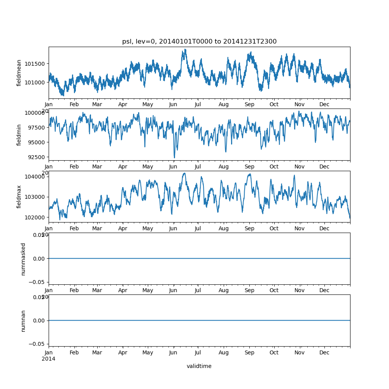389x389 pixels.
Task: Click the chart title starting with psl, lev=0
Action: [199, 42]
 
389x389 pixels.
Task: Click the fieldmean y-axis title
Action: [19, 73]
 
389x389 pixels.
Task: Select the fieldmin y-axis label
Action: [19, 135]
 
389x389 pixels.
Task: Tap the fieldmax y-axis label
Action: [19, 196]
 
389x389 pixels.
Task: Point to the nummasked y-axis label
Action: [23, 259]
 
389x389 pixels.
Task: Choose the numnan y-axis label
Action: [23, 321]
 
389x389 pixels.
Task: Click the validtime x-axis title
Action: [199, 366]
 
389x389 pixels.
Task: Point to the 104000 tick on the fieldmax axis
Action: [36, 177]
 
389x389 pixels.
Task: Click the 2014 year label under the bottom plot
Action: [49, 359]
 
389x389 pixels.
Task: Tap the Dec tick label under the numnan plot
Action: [324, 353]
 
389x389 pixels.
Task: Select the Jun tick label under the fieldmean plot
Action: [173, 105]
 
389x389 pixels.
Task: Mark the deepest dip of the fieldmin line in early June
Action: [174, 158]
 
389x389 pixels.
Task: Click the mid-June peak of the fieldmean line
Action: [185, 49]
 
